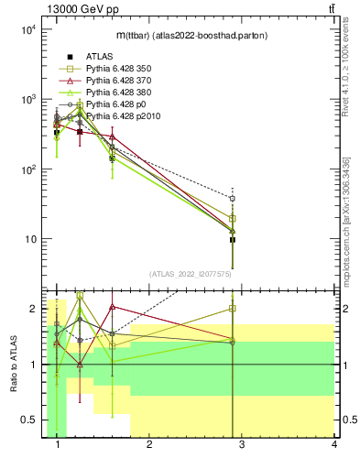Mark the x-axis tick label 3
[242, 445]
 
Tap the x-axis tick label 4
[333, 445]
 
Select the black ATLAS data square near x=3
[233, 240]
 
